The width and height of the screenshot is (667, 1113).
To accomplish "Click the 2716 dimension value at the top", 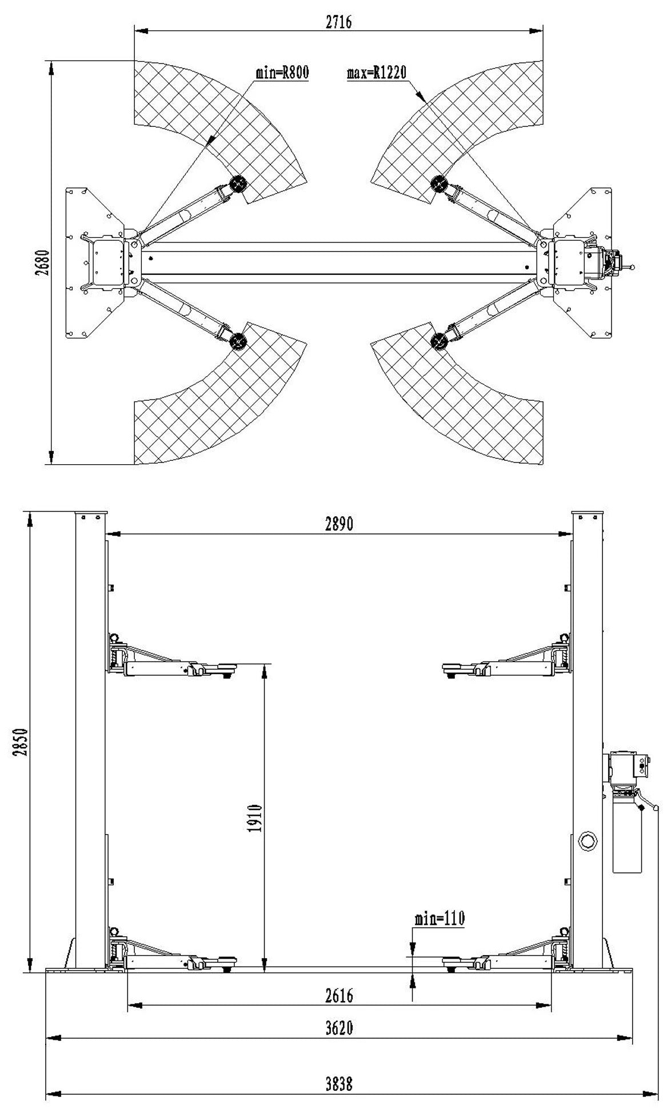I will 339,22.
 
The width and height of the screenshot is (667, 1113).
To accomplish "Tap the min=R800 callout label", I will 282,73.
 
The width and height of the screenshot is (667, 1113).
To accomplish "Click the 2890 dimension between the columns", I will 340,524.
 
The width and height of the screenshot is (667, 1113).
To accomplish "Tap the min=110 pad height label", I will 440,918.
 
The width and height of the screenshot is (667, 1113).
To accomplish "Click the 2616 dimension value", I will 340,995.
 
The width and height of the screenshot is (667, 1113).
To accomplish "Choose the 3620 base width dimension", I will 340,1028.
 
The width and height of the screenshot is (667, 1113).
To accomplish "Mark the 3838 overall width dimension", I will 340,1083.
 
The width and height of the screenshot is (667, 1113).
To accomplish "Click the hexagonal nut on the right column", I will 587,839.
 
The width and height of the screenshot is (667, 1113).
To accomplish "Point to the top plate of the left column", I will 91,514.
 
